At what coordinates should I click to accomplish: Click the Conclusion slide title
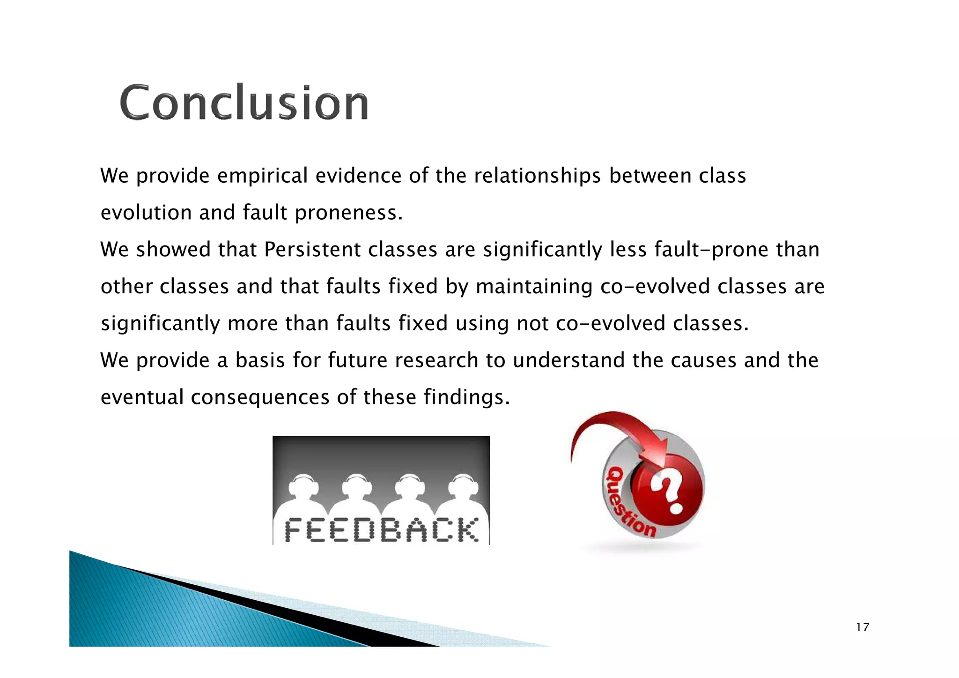point(244,103)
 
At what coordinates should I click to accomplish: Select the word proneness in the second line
point(348,213)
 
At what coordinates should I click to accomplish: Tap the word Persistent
point(312,250)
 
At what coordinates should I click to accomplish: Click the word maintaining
point(534,287)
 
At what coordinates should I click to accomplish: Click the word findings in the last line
point(466,397)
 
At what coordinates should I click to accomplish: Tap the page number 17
point(862,627)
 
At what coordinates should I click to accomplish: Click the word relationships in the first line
point(537,176)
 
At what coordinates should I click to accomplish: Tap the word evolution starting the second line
point(146,213)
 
